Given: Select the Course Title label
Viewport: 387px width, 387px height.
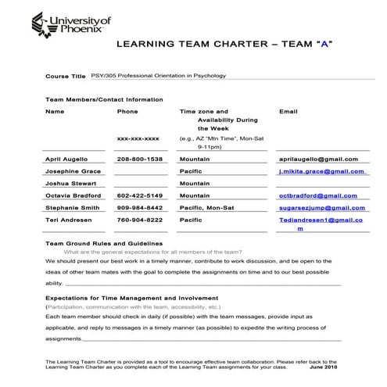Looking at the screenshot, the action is pyautogui.click(x=66, y=77).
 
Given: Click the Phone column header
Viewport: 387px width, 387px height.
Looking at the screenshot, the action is pyautogui.click(x=127, y=112).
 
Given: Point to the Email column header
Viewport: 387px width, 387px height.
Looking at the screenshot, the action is pyautogui.click(x=288, y=112).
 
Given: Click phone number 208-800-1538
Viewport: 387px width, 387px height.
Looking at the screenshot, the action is pyautogui.click(x=140, y=159).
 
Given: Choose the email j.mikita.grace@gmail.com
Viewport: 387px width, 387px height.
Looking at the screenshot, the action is pyautogui.click(x=322, y=170).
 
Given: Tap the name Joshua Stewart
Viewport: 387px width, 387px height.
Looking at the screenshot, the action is pyautogui.click(x=70, y=183).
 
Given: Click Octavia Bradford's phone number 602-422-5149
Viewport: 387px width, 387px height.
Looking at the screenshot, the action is pyautogui.click(x=140, y=195).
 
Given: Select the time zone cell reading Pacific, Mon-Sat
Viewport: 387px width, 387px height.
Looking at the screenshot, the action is pyautogui.click(x=206, y=208).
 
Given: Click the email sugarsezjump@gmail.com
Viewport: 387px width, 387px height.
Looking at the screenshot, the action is pyautogui.click(x=322, y=208).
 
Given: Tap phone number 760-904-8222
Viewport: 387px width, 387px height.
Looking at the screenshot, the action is pyautogui.click(x=140, y=220).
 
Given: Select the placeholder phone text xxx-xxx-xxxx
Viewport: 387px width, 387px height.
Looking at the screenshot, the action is pyautogui.click(x=138, y=138).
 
